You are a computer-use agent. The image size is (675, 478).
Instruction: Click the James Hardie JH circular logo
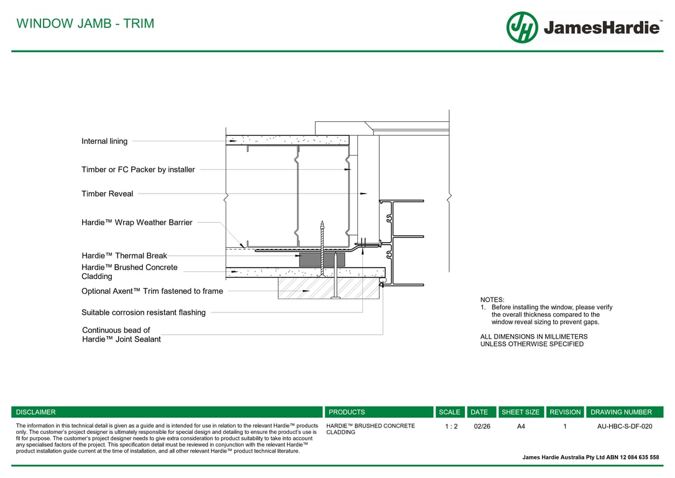pos(522,27)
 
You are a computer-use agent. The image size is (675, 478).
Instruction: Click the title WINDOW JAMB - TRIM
pos(85,24)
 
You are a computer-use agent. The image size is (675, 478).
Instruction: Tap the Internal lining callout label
pos(104,141)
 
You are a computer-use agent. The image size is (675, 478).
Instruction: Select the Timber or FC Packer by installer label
pos(138,169)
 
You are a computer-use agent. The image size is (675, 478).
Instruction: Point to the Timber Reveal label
pos(107,194)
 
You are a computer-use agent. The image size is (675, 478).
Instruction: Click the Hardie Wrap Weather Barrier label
pos(137,222)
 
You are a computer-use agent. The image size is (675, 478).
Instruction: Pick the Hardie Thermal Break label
pos(124,255)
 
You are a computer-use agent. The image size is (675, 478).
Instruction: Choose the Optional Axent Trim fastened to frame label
pos(152,291)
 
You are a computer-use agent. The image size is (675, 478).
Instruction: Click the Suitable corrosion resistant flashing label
pos(144,312)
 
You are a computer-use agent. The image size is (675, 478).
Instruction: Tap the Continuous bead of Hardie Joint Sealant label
pos(121,335)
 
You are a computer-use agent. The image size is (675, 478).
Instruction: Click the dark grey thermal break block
pos(311,259)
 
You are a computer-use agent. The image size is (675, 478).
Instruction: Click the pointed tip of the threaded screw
pos(322,222)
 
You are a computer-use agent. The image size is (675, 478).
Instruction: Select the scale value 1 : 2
pos(451,426)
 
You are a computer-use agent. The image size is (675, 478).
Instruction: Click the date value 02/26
pos(482,426)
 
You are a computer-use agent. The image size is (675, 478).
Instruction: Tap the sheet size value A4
pos(521,426)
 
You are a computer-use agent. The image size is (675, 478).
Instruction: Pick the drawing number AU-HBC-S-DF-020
pos(625,426)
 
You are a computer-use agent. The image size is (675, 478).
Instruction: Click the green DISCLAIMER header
pos(36,412)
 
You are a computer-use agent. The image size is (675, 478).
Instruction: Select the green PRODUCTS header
pos(347,412)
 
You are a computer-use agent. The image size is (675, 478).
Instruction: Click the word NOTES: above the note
pos(492,300)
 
